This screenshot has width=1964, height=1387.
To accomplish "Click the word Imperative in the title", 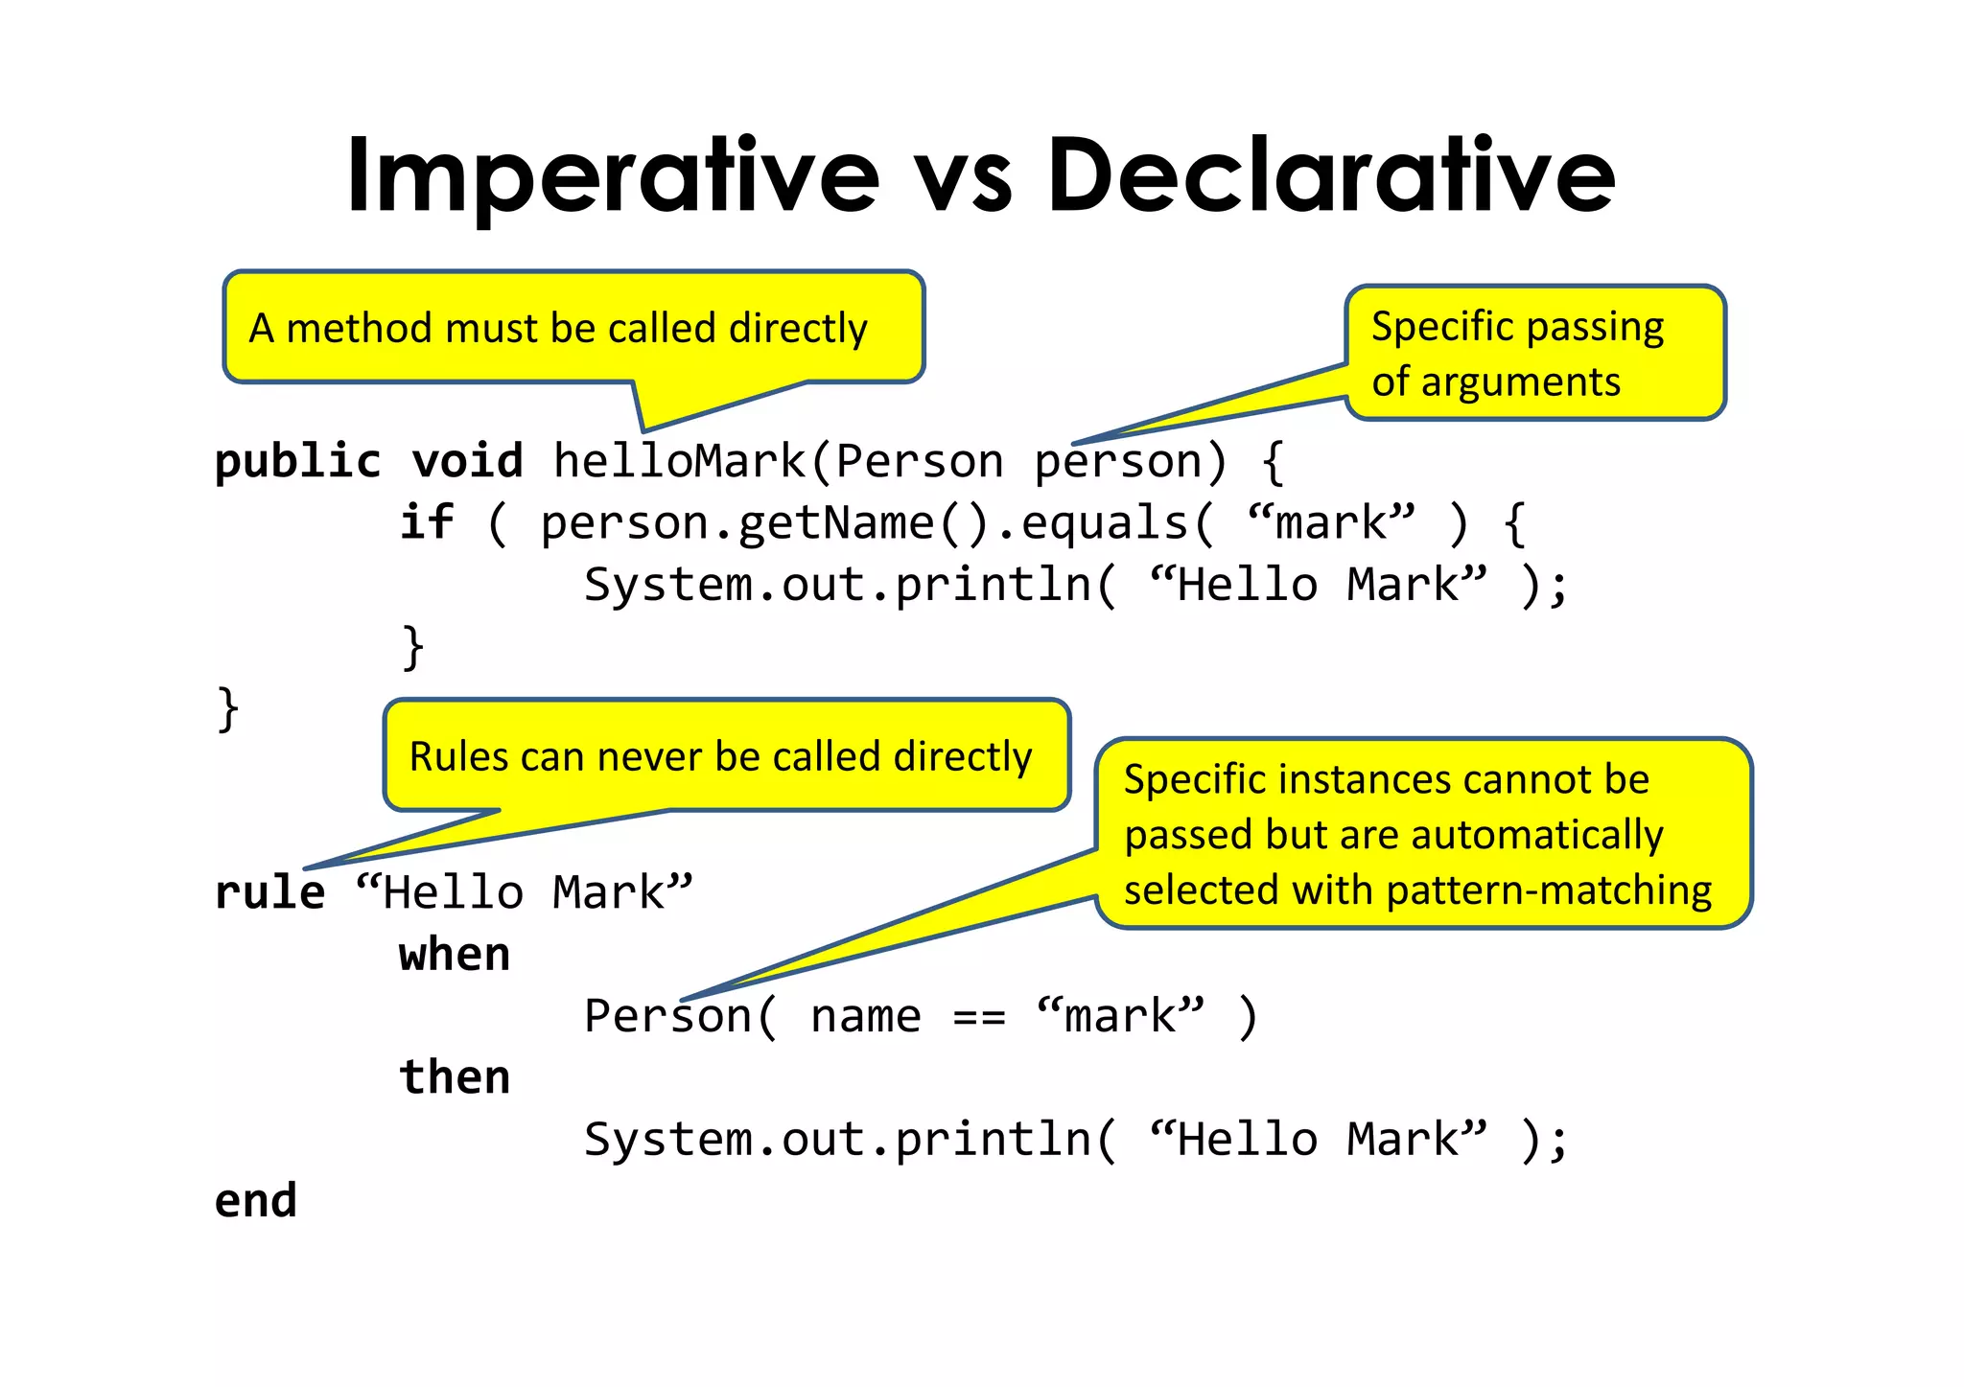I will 613,177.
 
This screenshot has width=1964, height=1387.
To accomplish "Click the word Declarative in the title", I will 1331,177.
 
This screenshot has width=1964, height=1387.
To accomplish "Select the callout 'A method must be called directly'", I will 573,328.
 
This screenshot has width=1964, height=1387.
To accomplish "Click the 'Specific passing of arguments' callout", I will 1534,353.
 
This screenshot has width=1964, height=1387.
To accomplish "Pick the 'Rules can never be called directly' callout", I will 726,756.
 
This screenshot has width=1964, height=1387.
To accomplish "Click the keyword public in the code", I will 297,462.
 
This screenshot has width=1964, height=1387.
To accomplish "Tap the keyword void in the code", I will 467,462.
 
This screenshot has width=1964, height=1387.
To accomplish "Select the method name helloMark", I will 679,462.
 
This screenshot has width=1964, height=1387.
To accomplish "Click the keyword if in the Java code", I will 426,523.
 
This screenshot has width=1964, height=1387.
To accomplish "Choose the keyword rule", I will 269,893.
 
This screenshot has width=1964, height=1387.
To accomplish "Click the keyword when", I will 455,955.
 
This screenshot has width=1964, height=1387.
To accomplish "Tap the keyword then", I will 455,1077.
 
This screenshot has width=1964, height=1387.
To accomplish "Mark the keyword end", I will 256,1201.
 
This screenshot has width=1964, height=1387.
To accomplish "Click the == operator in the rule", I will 978,1017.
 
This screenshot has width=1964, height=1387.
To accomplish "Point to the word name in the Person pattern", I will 865,1017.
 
